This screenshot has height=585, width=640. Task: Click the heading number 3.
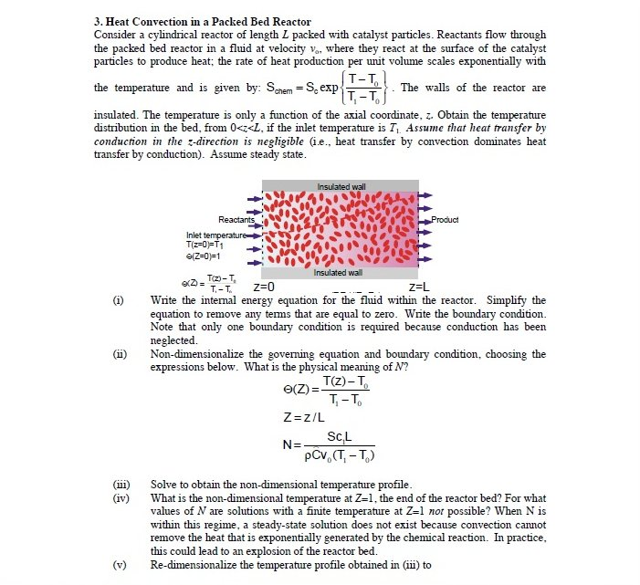click(x=98, y=21)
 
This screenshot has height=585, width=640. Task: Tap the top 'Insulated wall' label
click(x=341, y=186)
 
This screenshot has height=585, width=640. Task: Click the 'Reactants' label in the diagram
click(x=236, y=220)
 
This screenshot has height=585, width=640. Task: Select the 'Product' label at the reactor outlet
click(x=445, y=220)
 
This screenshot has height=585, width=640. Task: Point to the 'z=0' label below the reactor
click(x=251, y=286)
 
